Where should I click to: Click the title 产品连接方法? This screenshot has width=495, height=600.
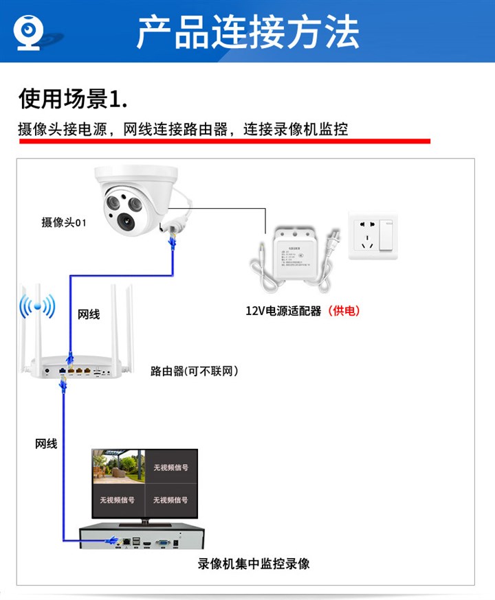click(247, 32)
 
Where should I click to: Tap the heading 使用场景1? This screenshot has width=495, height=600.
click(73, 99)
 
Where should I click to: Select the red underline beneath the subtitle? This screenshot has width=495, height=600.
click(224, 141)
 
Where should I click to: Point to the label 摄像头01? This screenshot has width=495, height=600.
click(64, 222)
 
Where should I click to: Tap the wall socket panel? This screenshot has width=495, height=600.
click(373, 235)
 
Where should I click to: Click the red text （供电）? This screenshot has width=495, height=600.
click(344, 311)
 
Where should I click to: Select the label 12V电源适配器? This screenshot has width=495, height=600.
click(283, 311)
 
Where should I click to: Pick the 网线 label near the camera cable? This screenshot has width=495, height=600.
click(89, 314)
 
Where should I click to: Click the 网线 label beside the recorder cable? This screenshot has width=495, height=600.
click(46, 444)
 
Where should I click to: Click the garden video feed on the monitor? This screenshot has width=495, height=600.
click(118, 467)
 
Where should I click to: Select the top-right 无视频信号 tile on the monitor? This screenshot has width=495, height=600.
click(170, 468)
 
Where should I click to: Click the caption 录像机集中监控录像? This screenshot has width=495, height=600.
click(254, 564)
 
